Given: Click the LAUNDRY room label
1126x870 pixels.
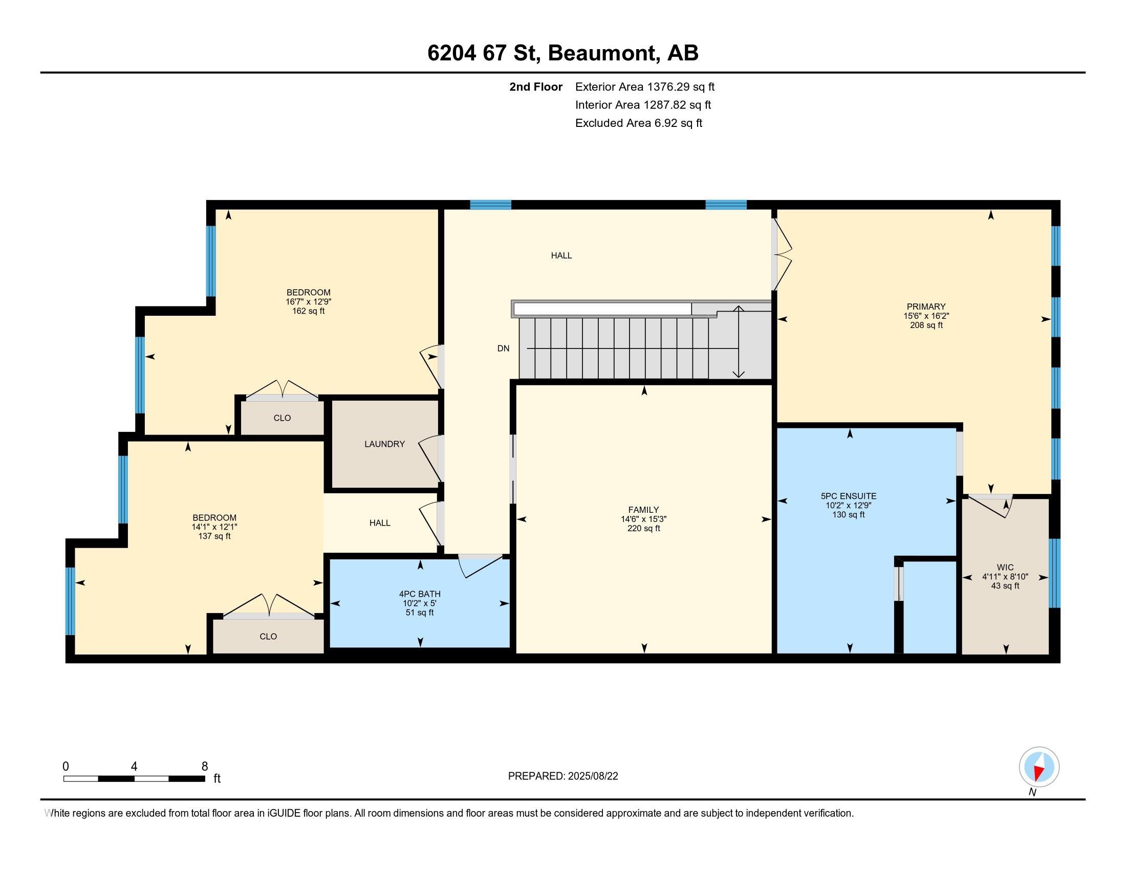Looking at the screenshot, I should (x=384, y=444).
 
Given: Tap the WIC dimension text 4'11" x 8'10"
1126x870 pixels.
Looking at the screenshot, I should (x=1005, y=577).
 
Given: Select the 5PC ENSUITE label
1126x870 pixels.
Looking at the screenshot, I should (x=848, y=496).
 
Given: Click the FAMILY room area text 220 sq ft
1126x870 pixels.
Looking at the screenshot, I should (x=643, y=528).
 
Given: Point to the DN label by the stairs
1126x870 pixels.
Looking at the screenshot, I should (x=503, y=349).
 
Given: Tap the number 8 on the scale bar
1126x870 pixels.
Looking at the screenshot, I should (x=205, y=766).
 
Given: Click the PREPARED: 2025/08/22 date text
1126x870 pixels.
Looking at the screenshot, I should (x=562, y=776).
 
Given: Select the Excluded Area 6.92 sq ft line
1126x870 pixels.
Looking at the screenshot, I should (x=638, y=123).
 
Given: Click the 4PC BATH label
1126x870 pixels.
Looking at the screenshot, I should (x=420, y=594).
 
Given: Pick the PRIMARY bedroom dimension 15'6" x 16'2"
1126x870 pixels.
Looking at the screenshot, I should (x=926, y=316).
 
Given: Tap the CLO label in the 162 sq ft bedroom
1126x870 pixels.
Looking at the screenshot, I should (x=282, y=418).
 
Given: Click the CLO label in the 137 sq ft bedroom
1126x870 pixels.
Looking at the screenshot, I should (x=268, y=637).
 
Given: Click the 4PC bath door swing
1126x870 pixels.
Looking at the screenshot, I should (x=480, y=566).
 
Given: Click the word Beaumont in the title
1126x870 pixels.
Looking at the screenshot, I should (x=603, y=53).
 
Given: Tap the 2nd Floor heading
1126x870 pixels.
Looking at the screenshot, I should (x=536, y=87).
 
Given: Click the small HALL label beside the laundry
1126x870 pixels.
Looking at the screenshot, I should (x=379, y=523).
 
